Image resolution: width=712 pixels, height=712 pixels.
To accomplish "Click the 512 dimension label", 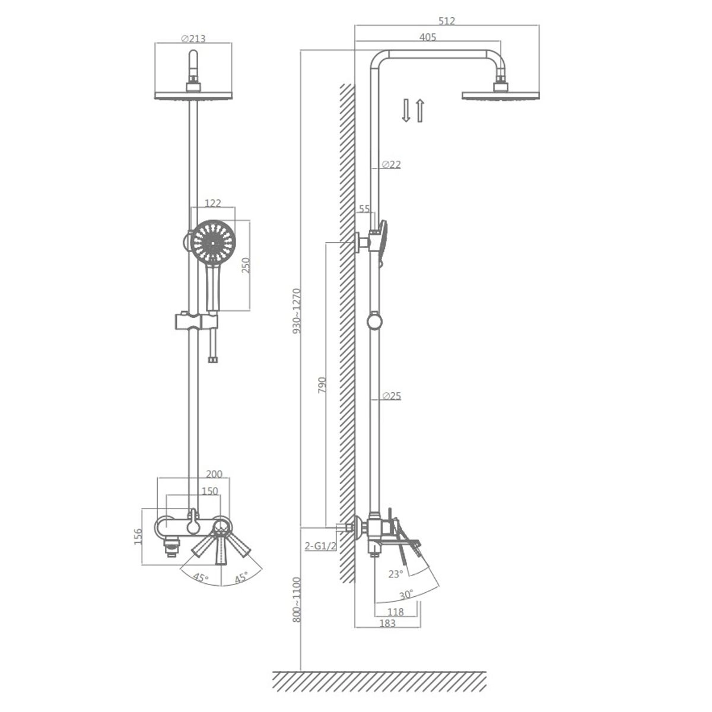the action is pos(447,21).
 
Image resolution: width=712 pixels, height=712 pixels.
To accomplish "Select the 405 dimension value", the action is pos(427,37).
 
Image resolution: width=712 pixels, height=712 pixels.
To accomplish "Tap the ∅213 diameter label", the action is pos(193,39).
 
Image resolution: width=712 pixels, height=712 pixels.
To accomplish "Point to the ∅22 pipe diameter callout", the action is pos(391,164).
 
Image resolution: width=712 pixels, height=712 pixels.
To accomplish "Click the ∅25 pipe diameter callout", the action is pos(391,396).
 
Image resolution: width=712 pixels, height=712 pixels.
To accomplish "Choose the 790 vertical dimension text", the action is pos(322,385).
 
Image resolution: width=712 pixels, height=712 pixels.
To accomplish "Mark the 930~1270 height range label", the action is pos(297,311).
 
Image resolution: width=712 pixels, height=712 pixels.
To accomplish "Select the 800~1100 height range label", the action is pos(297,599).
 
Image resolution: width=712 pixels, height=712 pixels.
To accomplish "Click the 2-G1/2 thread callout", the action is pos(320,545).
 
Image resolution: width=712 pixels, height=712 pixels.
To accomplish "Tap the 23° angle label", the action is pos(396,574).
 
